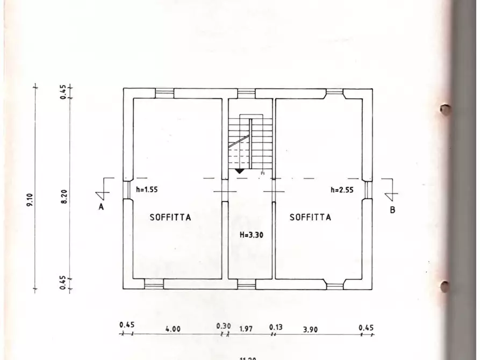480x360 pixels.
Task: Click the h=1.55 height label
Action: (x=147, y=189)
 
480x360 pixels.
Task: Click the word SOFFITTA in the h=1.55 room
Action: (x=170, y=218)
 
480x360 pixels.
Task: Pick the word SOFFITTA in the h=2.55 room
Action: (x=310, y=218)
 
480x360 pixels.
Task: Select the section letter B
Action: (x=392, y=210)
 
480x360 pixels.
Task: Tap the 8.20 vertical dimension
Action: (x=63, y=197)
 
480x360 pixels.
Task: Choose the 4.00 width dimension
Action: (x=173, y=329)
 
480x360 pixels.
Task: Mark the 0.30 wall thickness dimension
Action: (x=223, y=326)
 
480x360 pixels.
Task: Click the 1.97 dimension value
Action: (x=246, y=328)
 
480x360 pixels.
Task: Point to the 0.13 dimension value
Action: (x=276, y=327)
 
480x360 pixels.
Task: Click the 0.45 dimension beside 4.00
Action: (x=127, y=325)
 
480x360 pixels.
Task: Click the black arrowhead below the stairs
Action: (x=240, y=171)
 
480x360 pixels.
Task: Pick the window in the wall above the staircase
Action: (x=246, y=93)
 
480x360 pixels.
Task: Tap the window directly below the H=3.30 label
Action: (x=246, y=284)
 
